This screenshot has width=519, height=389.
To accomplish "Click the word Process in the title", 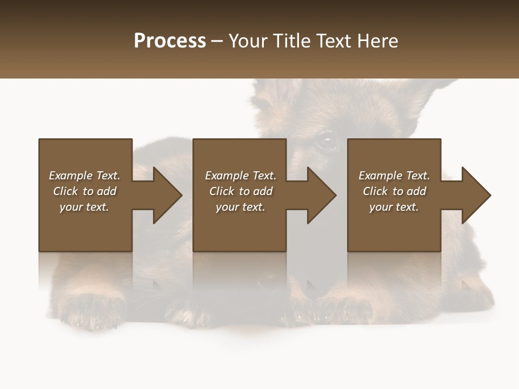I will click(170, 41).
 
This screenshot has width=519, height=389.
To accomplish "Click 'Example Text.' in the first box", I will click(84, 176).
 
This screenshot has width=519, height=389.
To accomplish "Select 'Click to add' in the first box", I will click(84, 191).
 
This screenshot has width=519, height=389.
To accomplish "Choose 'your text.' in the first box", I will click(84, 207).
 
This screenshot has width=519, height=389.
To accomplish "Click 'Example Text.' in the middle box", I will click(241, 176).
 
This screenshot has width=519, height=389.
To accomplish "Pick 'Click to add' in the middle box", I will click(241, 191).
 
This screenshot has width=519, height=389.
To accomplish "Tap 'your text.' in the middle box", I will click(241, 207).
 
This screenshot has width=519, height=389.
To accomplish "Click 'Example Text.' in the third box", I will click(394, 176).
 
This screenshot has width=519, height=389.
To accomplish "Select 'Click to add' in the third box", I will click(394, 191).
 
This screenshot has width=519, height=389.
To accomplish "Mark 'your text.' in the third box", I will click(394, 207).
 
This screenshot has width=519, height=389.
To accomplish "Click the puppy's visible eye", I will click(326, 142).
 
